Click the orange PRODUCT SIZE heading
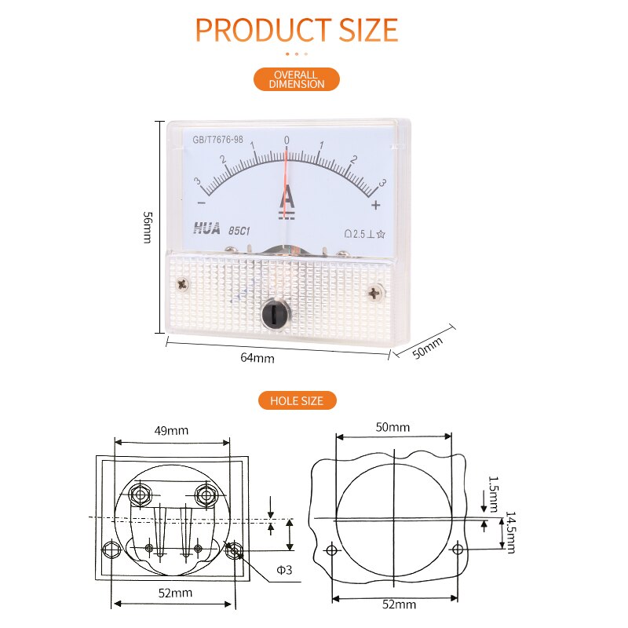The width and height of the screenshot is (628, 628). (297, 30)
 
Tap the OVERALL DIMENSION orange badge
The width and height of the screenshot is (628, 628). (297, 79)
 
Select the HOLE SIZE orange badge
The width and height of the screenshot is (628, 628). (297, 400)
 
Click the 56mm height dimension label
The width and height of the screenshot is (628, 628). (147, 227)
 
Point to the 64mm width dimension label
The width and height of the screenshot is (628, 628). (257, 358)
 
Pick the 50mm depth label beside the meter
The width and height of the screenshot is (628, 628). (428, 347)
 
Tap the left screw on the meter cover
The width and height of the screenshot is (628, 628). (184, 284)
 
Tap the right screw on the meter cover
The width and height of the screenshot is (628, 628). (374, 293)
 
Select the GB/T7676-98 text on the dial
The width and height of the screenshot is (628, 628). (217, 141)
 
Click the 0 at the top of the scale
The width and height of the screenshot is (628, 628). (287, 141)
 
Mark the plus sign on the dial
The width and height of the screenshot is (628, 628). (376, 205)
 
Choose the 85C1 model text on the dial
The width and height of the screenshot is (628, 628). (240, 231)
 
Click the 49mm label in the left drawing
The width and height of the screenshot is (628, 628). (171, 430)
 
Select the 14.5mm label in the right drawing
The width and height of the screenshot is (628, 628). (510, 532)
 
